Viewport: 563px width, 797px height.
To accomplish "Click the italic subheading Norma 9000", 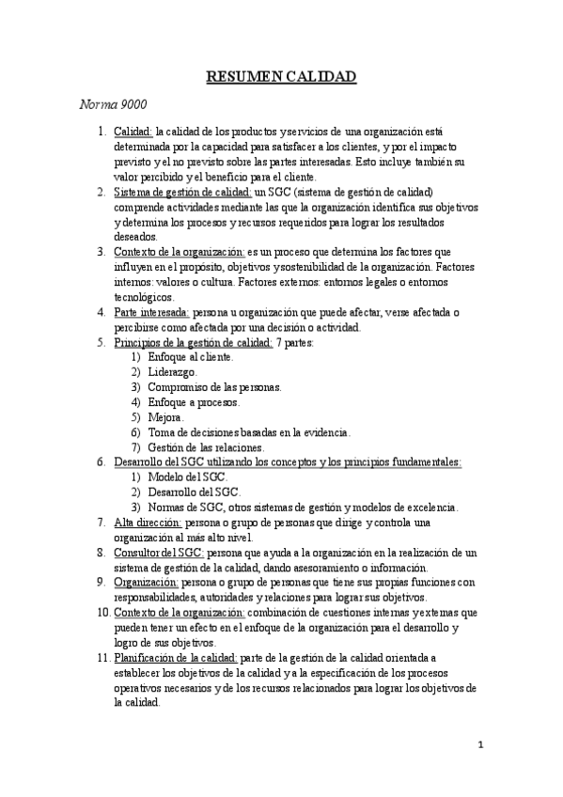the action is click(x=111, y=103).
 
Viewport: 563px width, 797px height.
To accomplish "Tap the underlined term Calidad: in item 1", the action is click(x=134, y=133).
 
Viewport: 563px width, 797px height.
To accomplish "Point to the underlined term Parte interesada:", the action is click(x=151, y=312).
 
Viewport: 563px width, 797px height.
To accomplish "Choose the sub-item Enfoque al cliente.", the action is click(x=192, y=357).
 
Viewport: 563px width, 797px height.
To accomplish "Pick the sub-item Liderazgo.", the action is click(x=173, y=372).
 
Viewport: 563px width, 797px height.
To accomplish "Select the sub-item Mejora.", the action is click(x=166, y=417).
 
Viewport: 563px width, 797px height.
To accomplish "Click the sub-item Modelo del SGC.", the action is click(x=188, y=477).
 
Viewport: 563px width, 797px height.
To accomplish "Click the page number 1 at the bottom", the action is click(x=479, y=747).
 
